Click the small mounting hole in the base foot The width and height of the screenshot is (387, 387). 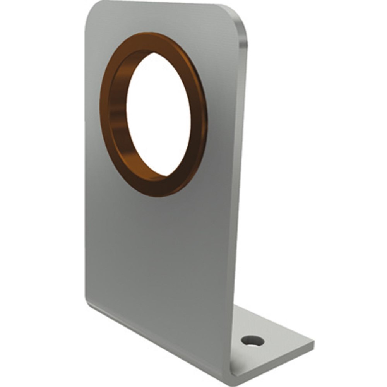pos(252,341)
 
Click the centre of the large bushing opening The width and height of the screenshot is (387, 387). pos(159,114)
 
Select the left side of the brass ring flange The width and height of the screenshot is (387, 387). pos(104,112)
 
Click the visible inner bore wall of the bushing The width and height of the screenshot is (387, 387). pos(118,112)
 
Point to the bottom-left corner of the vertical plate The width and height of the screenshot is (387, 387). pos(87,302)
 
